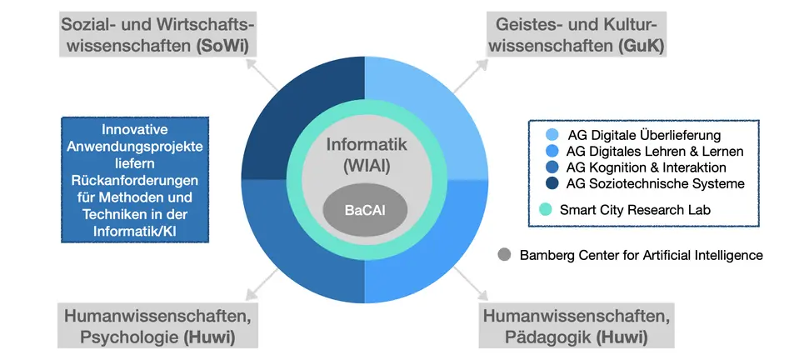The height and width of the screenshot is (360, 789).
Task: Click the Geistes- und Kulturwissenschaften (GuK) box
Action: pos(577,32)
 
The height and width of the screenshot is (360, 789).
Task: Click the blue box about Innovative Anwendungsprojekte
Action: pos(134,178)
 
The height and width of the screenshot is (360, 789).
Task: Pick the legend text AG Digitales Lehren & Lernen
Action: pos(654,151)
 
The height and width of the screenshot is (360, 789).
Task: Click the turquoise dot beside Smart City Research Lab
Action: pos(547,210)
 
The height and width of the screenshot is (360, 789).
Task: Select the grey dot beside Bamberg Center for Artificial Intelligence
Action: pos(504,255)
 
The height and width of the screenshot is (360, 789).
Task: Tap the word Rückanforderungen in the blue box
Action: pos(134,179)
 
